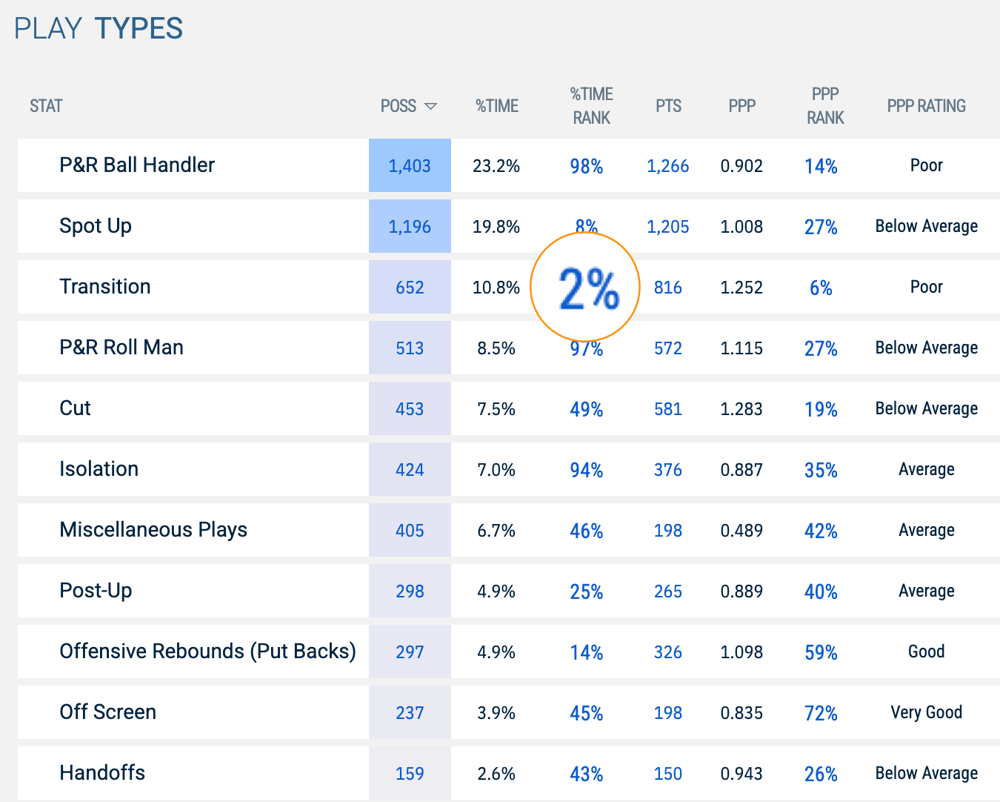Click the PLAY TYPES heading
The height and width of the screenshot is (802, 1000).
[99, 29]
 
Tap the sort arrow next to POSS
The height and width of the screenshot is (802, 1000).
[430, 107]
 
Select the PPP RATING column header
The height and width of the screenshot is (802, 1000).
[926, 106]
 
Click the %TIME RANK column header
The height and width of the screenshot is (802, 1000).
[591, 106]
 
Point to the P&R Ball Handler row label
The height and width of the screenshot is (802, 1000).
[137, 165]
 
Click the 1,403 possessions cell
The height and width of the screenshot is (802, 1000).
[410, 166]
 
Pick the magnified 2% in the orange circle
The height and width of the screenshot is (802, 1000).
[587, 288]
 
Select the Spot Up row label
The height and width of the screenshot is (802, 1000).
[96, 226]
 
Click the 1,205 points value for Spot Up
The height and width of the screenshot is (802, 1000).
[667, 227]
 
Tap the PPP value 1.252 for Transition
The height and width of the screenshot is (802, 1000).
[741, 288]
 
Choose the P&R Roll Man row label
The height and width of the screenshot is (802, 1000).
[121, 348]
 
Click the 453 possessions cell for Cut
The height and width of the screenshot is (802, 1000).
[410, 409]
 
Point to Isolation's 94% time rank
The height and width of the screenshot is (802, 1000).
[586, 470]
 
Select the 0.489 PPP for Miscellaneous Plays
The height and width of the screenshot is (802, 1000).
[741, 531]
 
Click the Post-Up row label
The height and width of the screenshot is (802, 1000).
[96, 591]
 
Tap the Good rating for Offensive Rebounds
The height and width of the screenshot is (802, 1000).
[926, 652]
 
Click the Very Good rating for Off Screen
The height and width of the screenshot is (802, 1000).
[926, 712]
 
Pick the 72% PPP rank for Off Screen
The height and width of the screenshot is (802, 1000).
[821, 713]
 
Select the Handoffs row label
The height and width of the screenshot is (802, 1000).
[102, 773]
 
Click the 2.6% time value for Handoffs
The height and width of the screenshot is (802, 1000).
[496, 774]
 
